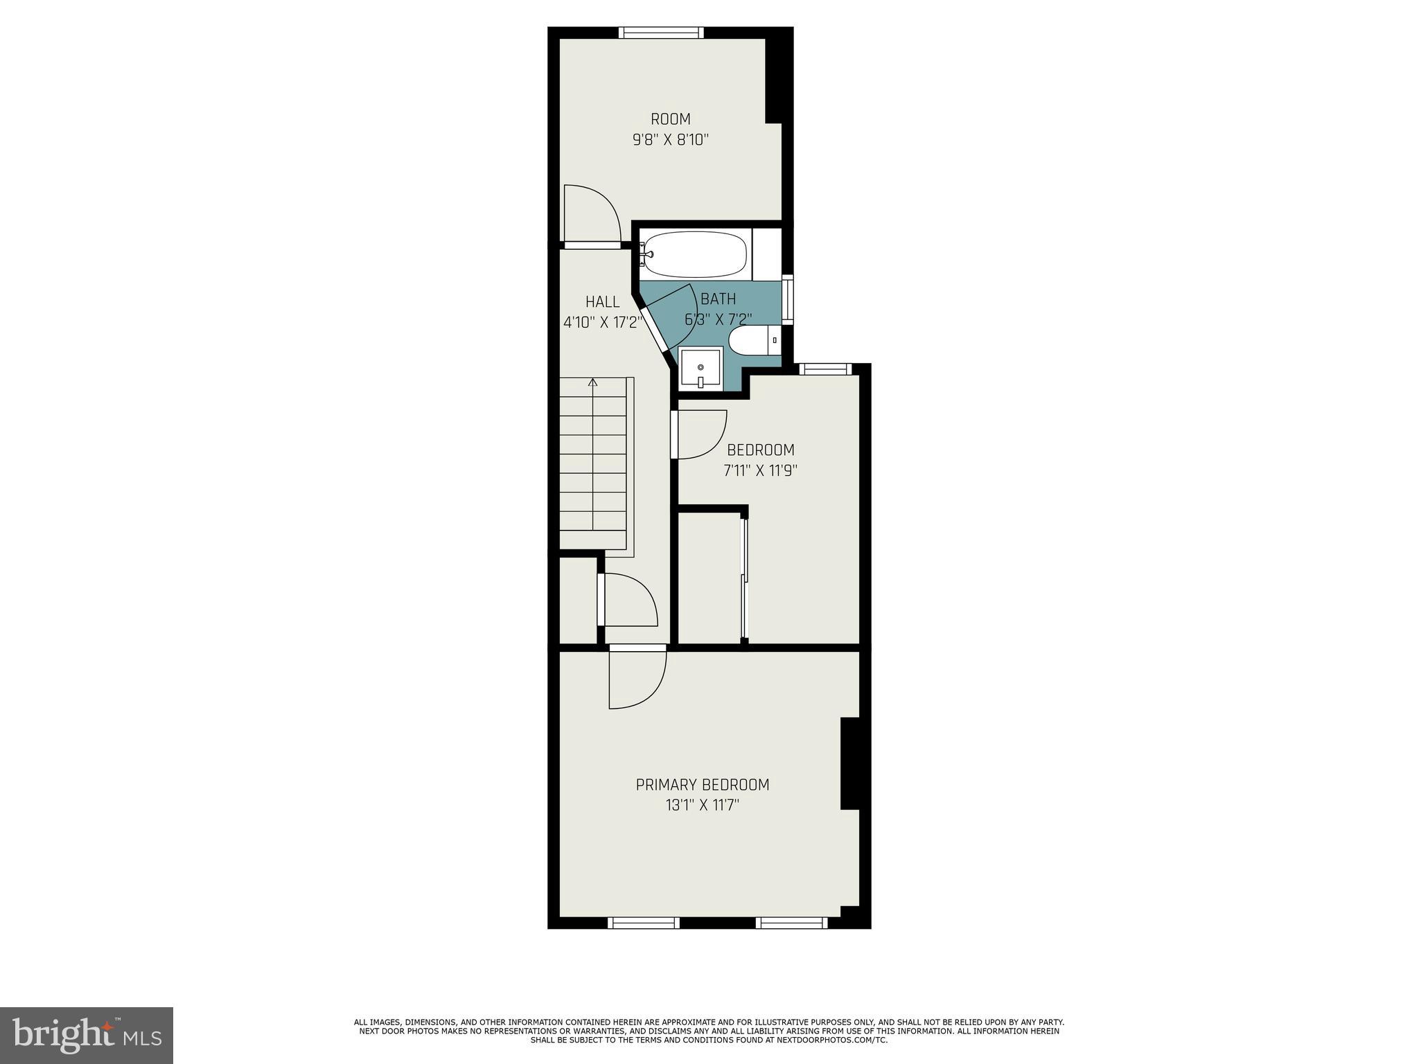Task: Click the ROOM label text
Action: (x=670, y=119)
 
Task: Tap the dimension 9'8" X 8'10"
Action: (x=670, y=140)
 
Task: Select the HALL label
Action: (x=602, y=302)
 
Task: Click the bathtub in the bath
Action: (x=695, y=254)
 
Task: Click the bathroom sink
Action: (x=700, y=368)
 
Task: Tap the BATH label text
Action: (x=719, y=299)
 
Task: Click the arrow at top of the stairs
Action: (x=592, y=382)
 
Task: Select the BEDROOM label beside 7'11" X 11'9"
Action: (x=760, y=450)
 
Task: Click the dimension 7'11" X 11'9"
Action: (x=760, y=471)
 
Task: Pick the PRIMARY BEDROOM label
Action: (x=703, y=785)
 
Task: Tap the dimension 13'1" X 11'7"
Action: (x=703, y=806)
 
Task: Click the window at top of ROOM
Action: (x=661, y=33)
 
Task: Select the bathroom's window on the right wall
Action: (x=788, y=299)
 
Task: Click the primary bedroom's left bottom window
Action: (x=643, y=923)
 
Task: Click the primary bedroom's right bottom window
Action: (x=791, y=923)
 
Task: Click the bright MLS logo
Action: (x=86, y=1036)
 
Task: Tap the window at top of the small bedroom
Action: (x=825, y=369)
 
